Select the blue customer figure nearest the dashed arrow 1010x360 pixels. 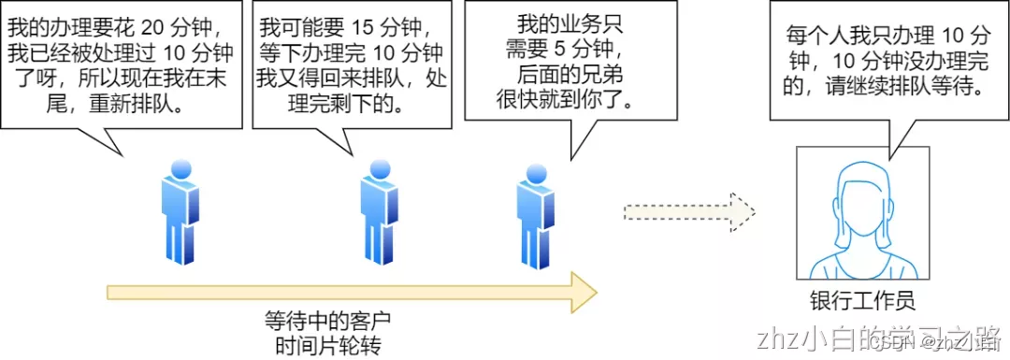pos(534,215)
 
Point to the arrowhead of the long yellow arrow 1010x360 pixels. pos(582,293)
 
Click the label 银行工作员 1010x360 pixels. pos(861,301)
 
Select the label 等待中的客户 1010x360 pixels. pos(323,321)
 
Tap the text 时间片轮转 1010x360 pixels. pos(323,344)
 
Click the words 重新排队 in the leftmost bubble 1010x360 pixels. pos(140,103)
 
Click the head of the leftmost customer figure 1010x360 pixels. pos(180,167)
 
